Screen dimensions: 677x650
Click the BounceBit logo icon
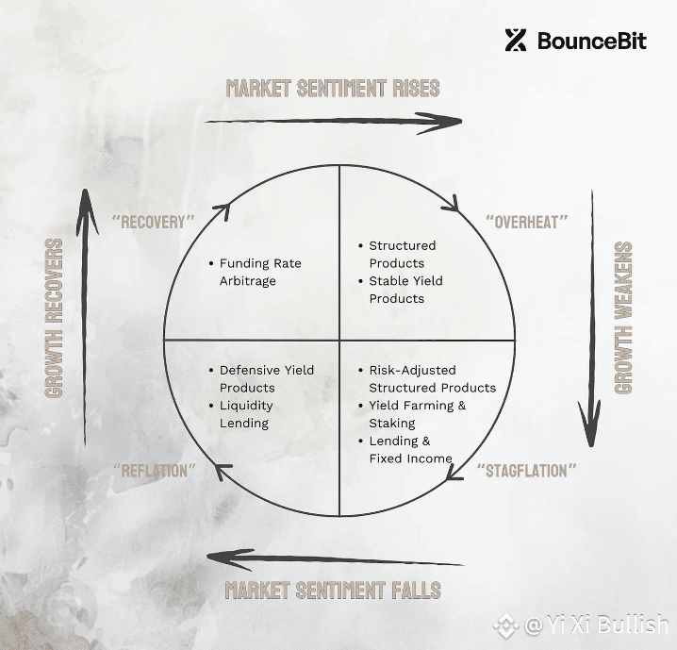tap(516, 41)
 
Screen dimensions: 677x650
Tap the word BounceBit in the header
tap(592, 41)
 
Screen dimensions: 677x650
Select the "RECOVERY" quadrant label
tap(154, 222)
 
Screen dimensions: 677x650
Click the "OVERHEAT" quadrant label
tap(527, 222)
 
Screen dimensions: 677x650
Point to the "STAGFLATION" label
tap(527, 471)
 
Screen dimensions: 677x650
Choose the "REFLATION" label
tap(154, 471)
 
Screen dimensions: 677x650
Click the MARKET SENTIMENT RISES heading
tap(333, 89)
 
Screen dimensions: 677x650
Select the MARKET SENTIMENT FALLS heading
tap(333, 590)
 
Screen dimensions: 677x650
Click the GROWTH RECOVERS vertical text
tap(54, 318)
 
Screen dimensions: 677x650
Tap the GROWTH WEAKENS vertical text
tap(623, 317)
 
